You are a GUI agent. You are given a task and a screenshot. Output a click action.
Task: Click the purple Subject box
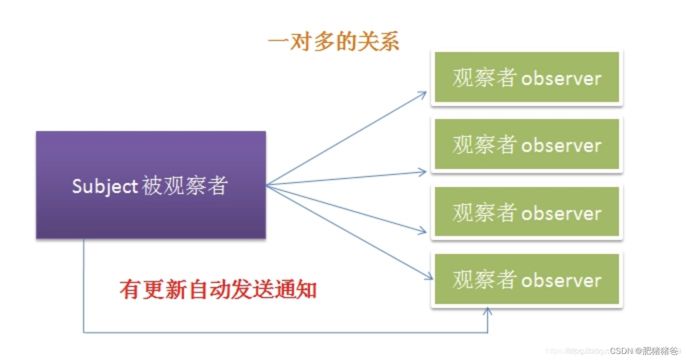pyautogui.click(x=150, y=184)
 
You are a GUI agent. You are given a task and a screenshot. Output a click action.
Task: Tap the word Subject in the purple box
pyautogui.click(x=104, y=186)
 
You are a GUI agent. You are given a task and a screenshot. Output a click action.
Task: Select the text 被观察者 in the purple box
pyautogui.click(x=184, y=186)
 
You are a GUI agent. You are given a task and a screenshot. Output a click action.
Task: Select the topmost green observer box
pyautogui.click(x=526, y=78)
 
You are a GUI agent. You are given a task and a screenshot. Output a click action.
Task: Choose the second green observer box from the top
pyautogui.click(x=526, y=145)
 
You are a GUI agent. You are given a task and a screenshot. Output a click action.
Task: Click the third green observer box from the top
pyautogui.click(x=526, y=212)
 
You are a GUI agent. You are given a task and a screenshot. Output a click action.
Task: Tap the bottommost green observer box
pyautogui.click(x=526, y=279)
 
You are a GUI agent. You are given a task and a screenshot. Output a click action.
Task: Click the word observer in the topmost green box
pyautogui.click(x=561, y=79)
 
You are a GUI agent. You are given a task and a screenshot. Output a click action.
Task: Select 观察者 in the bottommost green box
pyautogui.click(x=484, y=280)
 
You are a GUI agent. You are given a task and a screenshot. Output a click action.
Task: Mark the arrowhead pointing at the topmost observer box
pyautogui.click(x=423, y=93)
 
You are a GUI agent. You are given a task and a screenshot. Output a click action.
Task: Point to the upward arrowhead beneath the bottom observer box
pyautogui.click(x=487, y=311)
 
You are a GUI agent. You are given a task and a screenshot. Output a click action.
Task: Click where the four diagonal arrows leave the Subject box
pyautogui.click(x=267, y=185)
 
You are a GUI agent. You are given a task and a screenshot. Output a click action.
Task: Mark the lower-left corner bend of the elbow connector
pyautogui.click(x=83, y=332)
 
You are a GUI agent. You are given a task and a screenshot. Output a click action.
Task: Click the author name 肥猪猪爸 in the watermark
pyautogui.click(x=660, y=350)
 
